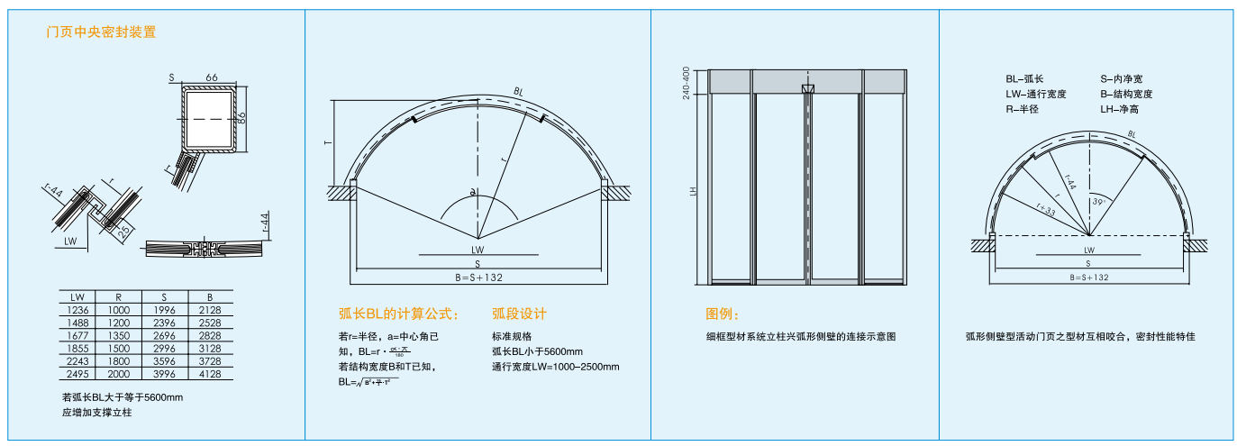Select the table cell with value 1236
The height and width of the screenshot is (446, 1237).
pos(78,309)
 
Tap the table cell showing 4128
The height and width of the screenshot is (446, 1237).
pos(209,374)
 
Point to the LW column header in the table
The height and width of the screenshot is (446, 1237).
pos(78,296)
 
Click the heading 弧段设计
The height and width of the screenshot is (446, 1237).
pos(519,314)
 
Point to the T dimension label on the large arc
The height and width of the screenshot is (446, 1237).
pos(329,141)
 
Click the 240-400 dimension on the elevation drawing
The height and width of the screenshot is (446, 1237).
pos(687,82)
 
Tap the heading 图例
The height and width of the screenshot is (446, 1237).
pos(723,314)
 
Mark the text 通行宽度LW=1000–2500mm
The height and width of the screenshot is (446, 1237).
pos(555,367)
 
